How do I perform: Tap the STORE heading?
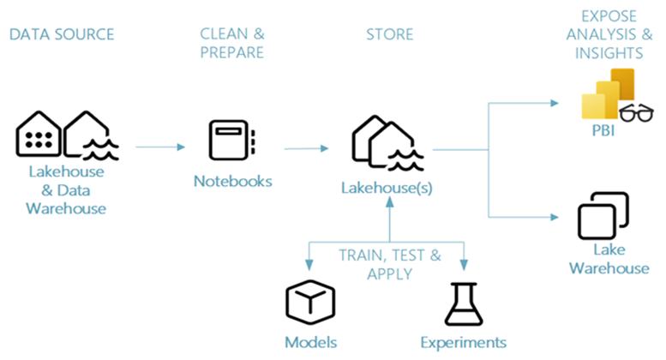point(390,35)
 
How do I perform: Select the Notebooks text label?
point(232,181)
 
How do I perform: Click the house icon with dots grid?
point(39,135)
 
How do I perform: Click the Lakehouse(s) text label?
point(389,187)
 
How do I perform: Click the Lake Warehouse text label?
point(609,259)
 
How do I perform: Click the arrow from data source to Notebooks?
point(159,147)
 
